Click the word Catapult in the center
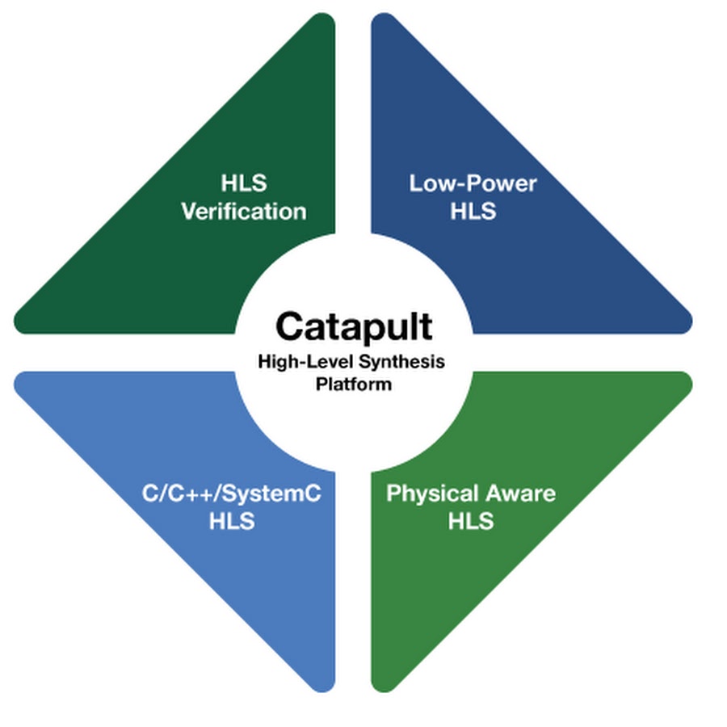coord(353,327)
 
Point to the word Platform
coord(353,384)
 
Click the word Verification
coord(243,212)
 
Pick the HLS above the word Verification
coord(243,183)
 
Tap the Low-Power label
coord(473,183)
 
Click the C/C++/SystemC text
coord(232,494)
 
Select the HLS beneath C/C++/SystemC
coord(232,522)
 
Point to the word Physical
coord(432,494)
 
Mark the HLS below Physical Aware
coord(471,522)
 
